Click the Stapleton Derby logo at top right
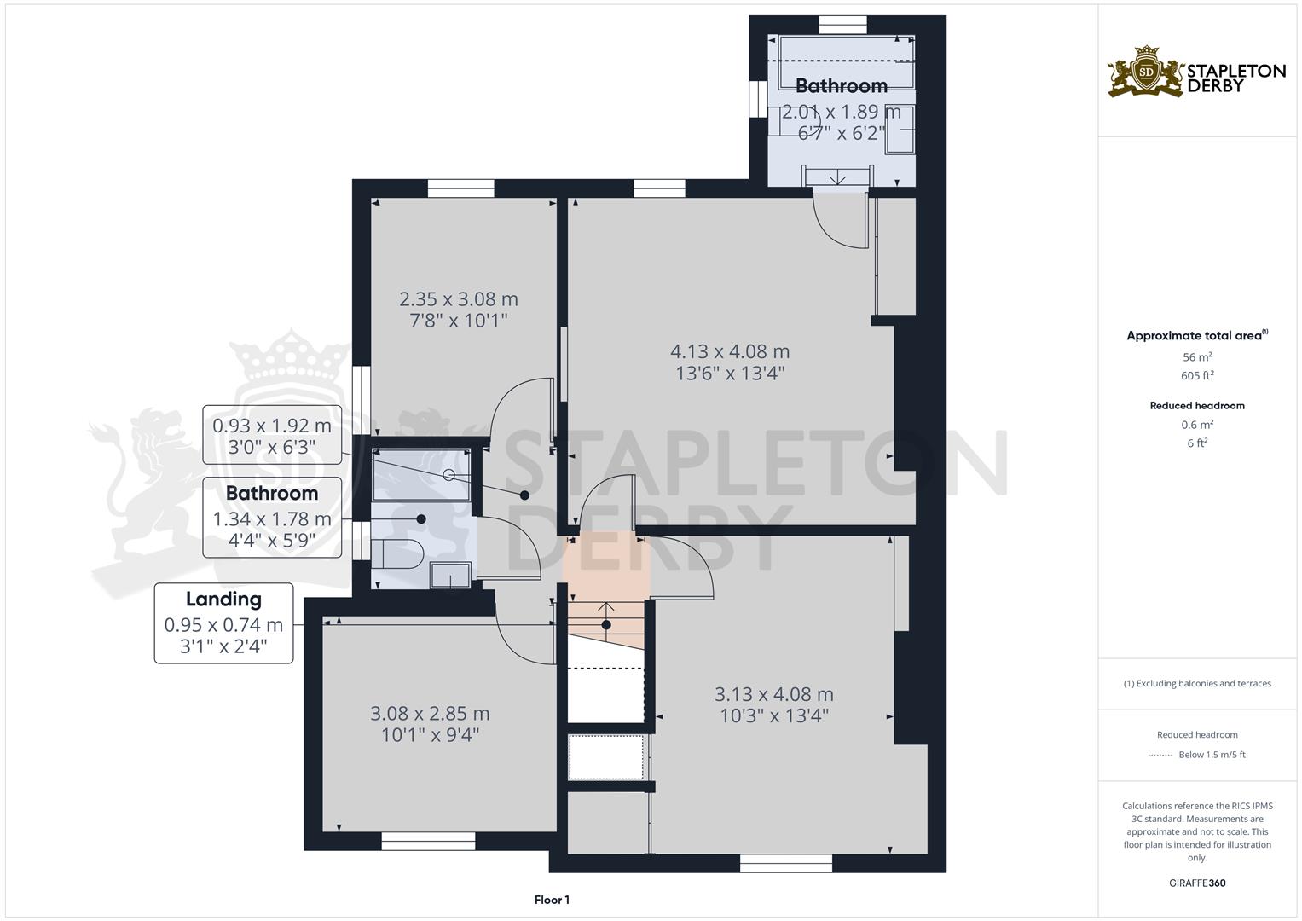point(1195,72)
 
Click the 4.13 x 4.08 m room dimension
point(730,351)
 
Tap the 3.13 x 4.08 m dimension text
point(773,695)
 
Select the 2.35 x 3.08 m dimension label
point(459,299)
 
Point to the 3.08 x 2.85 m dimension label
point(430,713)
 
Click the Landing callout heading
point(223,600)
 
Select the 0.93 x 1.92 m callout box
point(272,435)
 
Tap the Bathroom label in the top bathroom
point(841,86)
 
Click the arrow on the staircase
point(605,608)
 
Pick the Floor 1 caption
point(552,900)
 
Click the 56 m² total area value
point(1197,357)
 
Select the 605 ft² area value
point(1197,375)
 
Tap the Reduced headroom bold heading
point(1197,406)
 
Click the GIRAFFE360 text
point(1197,883)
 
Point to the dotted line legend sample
point(1160,755)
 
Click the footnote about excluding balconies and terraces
point(1197,683)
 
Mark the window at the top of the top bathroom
point(842,25)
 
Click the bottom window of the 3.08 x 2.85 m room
point(428,841)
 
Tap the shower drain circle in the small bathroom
point(449,475)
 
